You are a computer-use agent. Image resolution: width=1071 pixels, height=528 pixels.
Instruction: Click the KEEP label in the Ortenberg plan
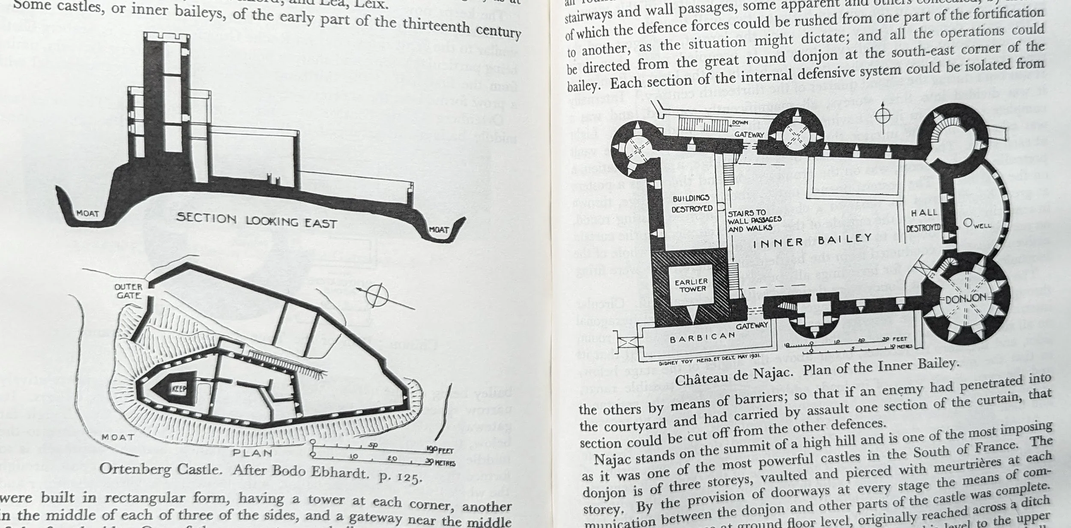point(179,389)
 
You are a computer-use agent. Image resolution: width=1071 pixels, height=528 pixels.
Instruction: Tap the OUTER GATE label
point(128,291)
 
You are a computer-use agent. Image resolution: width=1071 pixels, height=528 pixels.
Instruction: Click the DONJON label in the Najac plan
point(966,298)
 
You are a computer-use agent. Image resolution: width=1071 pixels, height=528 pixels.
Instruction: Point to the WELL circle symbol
point(967,223)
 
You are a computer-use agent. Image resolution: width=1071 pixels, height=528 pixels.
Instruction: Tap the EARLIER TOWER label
point(691,285)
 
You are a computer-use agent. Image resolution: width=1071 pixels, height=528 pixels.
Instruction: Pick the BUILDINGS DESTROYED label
point(691,204)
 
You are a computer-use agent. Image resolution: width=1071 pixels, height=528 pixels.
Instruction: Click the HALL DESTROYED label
point(924,219)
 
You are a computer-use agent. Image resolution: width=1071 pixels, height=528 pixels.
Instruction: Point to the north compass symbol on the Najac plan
point(883,115)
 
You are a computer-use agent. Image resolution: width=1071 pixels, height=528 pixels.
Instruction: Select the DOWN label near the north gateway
point(740,123)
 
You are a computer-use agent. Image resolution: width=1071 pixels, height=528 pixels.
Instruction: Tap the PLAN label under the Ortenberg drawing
point(253,453)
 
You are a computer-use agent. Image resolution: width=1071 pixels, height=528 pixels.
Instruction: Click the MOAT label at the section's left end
point(87,213)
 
